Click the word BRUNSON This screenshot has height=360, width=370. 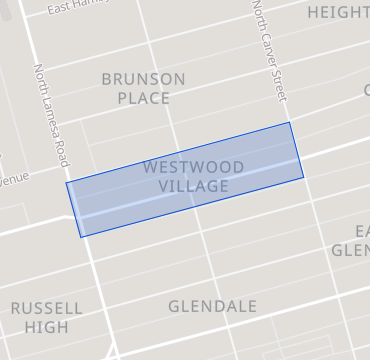coord(143,79)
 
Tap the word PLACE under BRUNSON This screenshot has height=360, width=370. coord(143,98)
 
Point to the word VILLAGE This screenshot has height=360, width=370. coord(193,186)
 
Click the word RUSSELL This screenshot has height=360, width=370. coord(47,308)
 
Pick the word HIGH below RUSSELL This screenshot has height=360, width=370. coord(47,327)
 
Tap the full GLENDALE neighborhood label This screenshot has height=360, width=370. coord(212,306)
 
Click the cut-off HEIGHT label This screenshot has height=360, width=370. coord(338,12)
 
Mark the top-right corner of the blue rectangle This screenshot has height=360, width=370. coord(290,123)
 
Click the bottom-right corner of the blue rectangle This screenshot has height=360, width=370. coord(303,179)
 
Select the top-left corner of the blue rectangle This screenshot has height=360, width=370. coord(67,182)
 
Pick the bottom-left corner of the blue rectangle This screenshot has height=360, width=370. coord(80,237)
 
